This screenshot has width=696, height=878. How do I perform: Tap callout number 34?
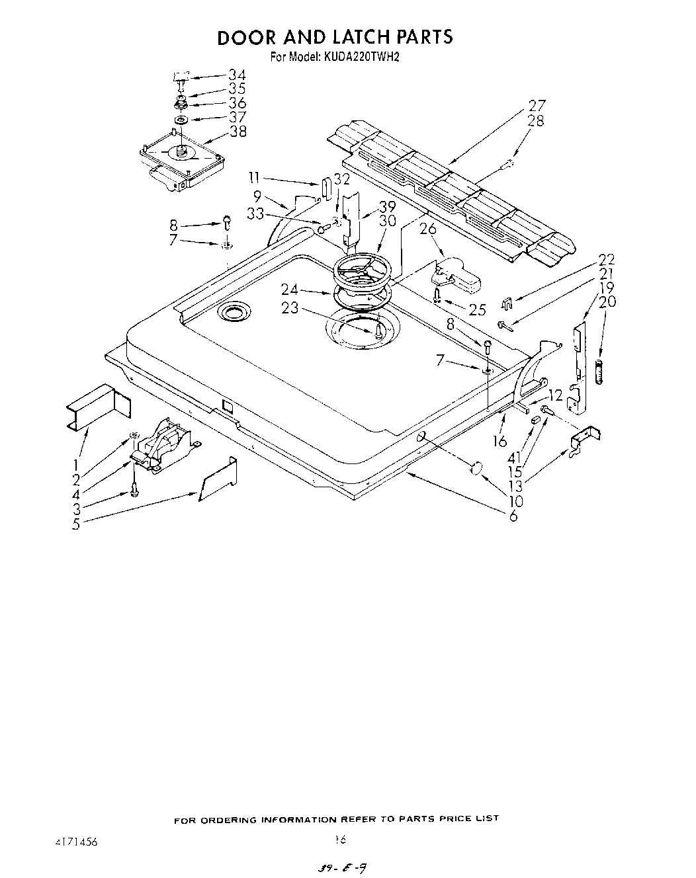[x=237, y=75]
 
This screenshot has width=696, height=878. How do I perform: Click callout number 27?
[x=537, y=105]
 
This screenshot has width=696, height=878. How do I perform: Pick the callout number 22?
[x=607, y=259]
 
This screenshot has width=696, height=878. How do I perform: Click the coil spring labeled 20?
[x=600, y=372]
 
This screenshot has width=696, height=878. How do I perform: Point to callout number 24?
[x=289, y=288]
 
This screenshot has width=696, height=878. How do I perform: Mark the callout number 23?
[x=289, y=308]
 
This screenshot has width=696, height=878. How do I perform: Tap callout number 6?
[x=513, y=516]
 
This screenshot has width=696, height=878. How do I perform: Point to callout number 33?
[x=255, y=214]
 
